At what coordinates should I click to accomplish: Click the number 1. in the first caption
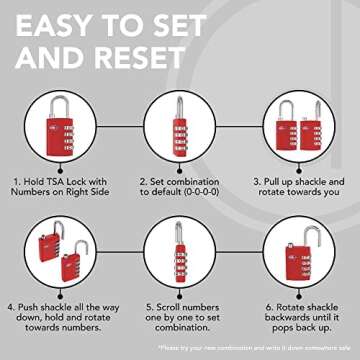16,181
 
